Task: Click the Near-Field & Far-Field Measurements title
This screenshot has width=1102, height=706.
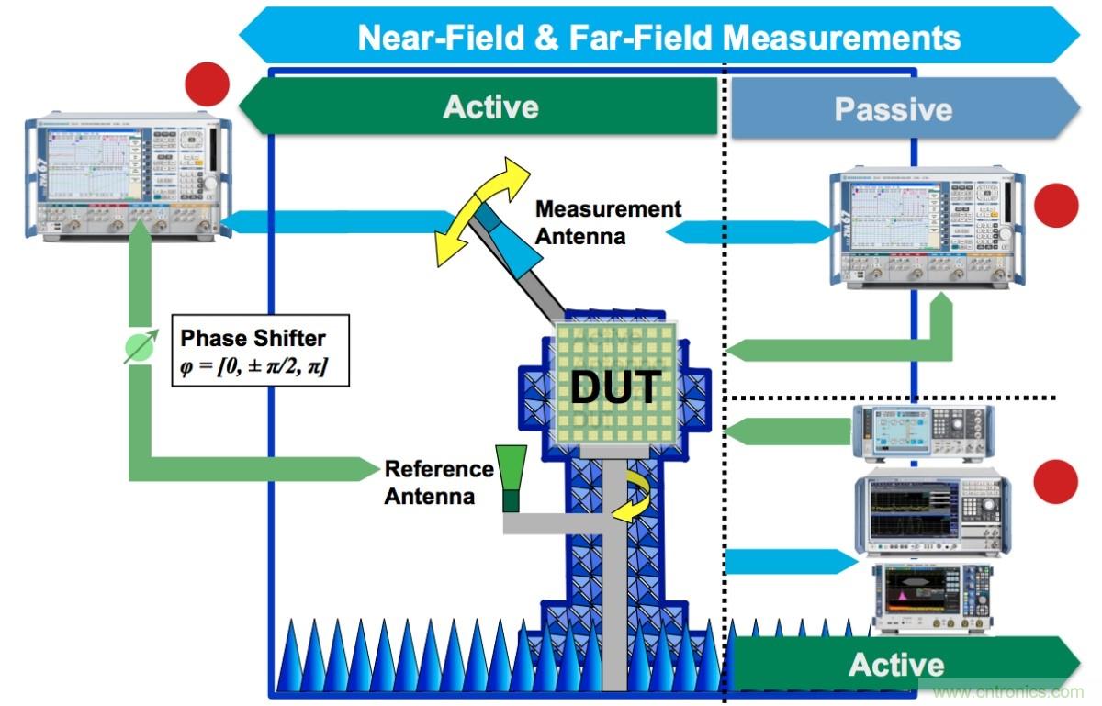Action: [x=658, y=38]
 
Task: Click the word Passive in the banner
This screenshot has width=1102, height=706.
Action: [x=893, y=110]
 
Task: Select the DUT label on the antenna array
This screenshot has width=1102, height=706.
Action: [x=614, y=387]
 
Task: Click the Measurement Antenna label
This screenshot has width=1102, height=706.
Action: [x=608, y=221]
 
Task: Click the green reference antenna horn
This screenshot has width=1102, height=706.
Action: [x=511, y=476]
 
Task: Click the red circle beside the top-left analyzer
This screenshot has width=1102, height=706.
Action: [x=207, y=84]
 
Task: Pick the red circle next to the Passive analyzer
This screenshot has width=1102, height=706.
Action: [x=1055, y=206]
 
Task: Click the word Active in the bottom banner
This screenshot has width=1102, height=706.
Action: [x=895, y=665]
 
